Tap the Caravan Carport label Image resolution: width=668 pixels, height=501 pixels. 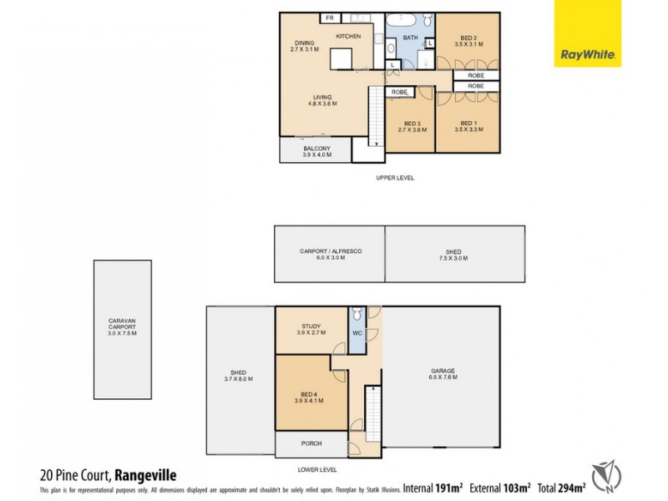click(122, 326)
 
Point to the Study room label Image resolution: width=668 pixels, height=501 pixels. click(311, 328)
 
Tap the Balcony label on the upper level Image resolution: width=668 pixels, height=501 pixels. click(316, 151)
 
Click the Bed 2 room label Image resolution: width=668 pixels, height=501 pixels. click(468, 41)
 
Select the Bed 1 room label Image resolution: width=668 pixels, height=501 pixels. click(468, 126)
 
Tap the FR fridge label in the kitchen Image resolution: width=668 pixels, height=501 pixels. click(330, 18)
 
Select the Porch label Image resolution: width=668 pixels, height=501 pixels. click(311, 443)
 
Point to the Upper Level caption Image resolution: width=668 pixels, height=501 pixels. click(395, 178)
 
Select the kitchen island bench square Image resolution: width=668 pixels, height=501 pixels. click(342, 59)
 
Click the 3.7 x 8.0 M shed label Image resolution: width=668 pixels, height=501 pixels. click(240, 377)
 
